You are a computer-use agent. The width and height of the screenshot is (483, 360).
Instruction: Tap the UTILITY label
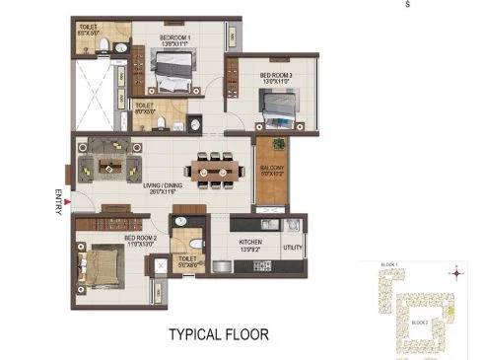[x=293, y=248]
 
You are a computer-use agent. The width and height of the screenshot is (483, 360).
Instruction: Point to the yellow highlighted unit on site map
[x=450, y=312]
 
